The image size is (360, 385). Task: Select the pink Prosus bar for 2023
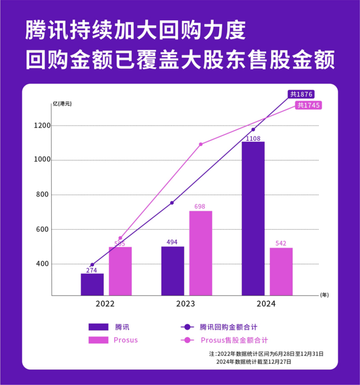200,253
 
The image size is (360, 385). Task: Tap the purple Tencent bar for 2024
253,219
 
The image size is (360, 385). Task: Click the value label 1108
253,138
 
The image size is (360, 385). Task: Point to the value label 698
200,206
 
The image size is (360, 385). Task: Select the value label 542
281,243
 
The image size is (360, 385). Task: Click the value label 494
173,242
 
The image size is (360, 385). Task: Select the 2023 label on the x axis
186,304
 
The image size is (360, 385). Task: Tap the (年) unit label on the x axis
324,295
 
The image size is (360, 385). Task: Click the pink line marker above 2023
200,144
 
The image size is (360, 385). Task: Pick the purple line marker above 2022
92,265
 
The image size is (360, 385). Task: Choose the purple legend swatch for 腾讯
100,326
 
